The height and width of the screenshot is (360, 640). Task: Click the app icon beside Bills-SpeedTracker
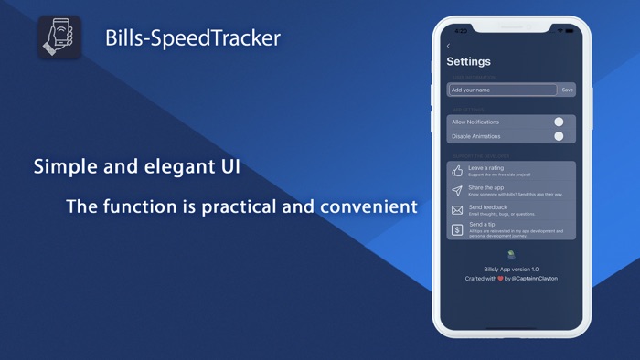point(59,38)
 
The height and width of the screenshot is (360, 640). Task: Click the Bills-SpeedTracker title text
point(192,38)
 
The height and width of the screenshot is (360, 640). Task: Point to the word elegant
point(176,167)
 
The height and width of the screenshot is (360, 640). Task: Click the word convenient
point(368,206)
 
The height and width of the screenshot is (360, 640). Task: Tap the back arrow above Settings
point(448,46)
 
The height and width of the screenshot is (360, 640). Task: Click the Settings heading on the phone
point(468,61)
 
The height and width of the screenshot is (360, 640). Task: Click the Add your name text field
point(502,90)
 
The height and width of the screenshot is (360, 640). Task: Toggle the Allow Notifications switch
point(559,122)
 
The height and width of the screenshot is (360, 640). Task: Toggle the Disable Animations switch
point(559,136)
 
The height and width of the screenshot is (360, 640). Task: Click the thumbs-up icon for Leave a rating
point(457,171)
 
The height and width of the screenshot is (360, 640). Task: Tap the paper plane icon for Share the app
point(457,190)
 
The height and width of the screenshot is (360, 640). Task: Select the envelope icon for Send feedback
point(457,209)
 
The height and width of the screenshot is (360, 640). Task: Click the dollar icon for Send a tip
point(457,229)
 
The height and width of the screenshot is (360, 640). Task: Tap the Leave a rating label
point(485,167)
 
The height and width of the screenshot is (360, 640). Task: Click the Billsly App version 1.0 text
point(511,270)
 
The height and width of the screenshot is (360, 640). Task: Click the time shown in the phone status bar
point(461,30)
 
